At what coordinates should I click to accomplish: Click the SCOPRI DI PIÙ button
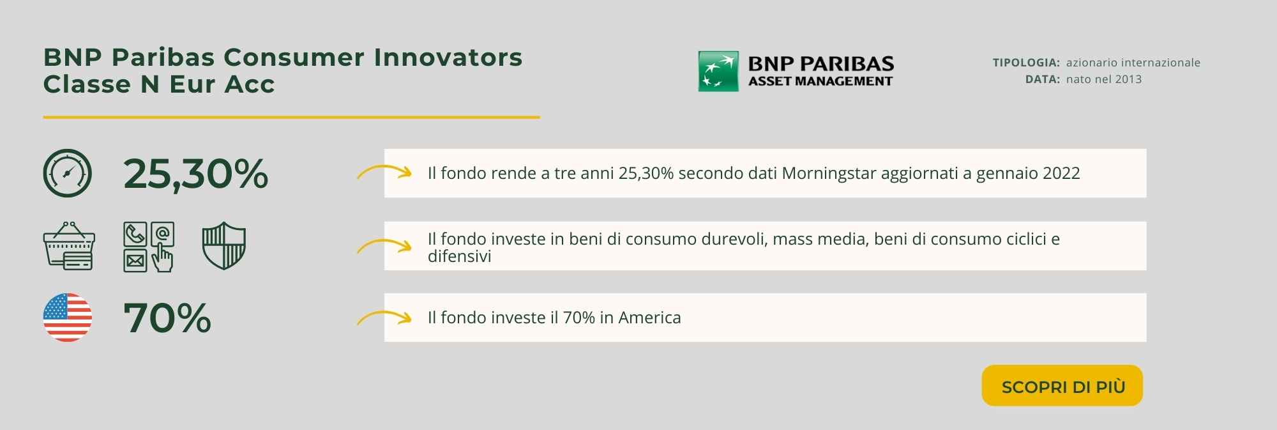click(x=1062, y=385)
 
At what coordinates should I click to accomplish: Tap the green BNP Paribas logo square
click(x=718, y=71)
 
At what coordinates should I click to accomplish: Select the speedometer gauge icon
click(x=68, y=173)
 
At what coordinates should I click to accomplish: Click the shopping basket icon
click(x=69, y=246)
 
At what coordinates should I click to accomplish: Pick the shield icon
click(x=224, y=246)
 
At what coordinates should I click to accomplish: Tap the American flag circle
click(x=68, y=318)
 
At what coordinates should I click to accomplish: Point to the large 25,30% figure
click(x=195, y=174)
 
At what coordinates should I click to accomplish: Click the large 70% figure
click(x=167, y=318)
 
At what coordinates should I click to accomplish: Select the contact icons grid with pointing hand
click(x=149, y=247)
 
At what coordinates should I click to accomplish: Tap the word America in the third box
click(x=649, y=318)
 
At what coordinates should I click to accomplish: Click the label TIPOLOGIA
click(x=1026, y=63)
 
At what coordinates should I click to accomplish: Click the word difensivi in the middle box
click(x=460, y=256)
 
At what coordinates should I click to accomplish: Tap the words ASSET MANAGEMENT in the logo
click(x=820, y=81)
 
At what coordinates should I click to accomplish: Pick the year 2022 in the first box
click(x=1061, y=173)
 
